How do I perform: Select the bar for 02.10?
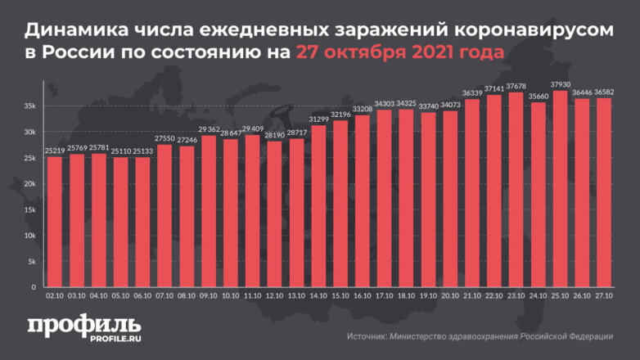point(55,222)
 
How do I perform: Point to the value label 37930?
point(560,85)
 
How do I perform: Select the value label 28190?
point(276,136)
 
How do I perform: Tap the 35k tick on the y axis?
point(29,106)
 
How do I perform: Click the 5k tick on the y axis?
point(31,262)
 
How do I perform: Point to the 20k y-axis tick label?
point(29,184)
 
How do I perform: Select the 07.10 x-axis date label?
point(165,299)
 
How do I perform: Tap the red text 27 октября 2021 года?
point(399,54)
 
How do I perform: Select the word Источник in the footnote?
point(368,336)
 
